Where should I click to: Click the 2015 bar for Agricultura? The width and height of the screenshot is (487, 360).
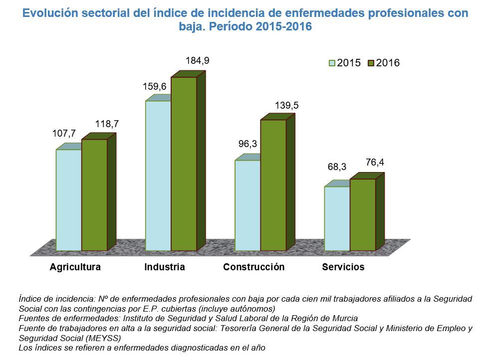(x=69, y=199)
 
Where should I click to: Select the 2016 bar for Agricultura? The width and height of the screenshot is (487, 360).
(x=95, y=194)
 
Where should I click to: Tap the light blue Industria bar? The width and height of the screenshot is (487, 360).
(x=158, y=176)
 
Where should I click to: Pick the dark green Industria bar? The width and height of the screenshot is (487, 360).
(x=184, y=164)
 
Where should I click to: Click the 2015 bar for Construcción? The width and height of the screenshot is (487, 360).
(x=247, y=205)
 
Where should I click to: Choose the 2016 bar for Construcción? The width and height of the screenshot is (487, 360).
(x=273, y=184)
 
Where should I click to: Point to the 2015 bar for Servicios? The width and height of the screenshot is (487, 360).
(x=337, y=218)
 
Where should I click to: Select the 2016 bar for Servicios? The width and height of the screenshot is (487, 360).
(x=363, y=214)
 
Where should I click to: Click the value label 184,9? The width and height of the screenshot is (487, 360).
(x=198, y=61)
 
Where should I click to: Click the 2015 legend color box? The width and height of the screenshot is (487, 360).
(x=332, y=63)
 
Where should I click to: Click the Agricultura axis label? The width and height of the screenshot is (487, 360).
(x=75, y=267)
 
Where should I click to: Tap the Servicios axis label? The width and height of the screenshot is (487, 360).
(x=343, y=267)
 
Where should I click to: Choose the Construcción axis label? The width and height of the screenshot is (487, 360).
(x=253, y=267)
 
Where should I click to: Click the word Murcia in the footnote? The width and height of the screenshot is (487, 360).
(x=345, y=318)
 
